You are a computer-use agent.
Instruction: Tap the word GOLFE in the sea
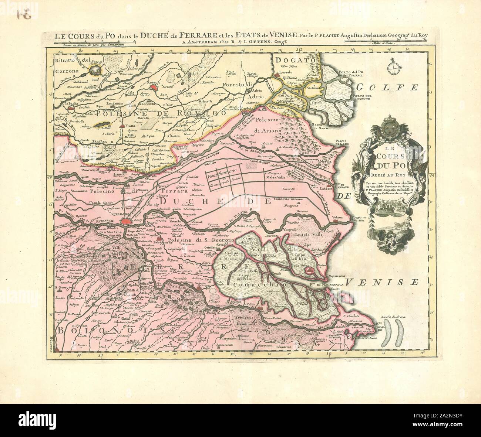[387, 88]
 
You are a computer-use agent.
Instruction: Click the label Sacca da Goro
[320, 127]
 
